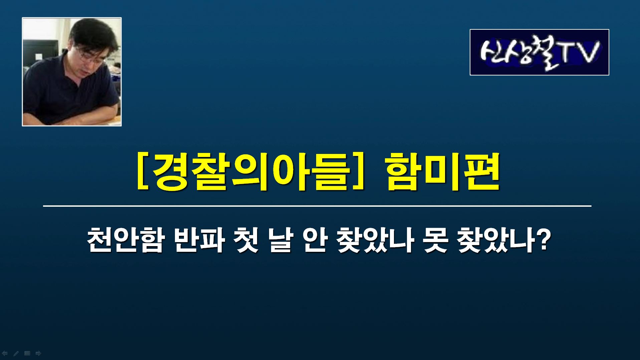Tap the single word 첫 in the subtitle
pyautogui.click(x=247, y=240)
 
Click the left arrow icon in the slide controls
pyautogui.click(x=5, y=353)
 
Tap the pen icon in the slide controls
pyautogui.click(x=16, y=353)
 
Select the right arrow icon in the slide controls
pyautogui.click(x=38, y=353)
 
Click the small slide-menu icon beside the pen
pyautogui.click(x=27, y=353)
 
